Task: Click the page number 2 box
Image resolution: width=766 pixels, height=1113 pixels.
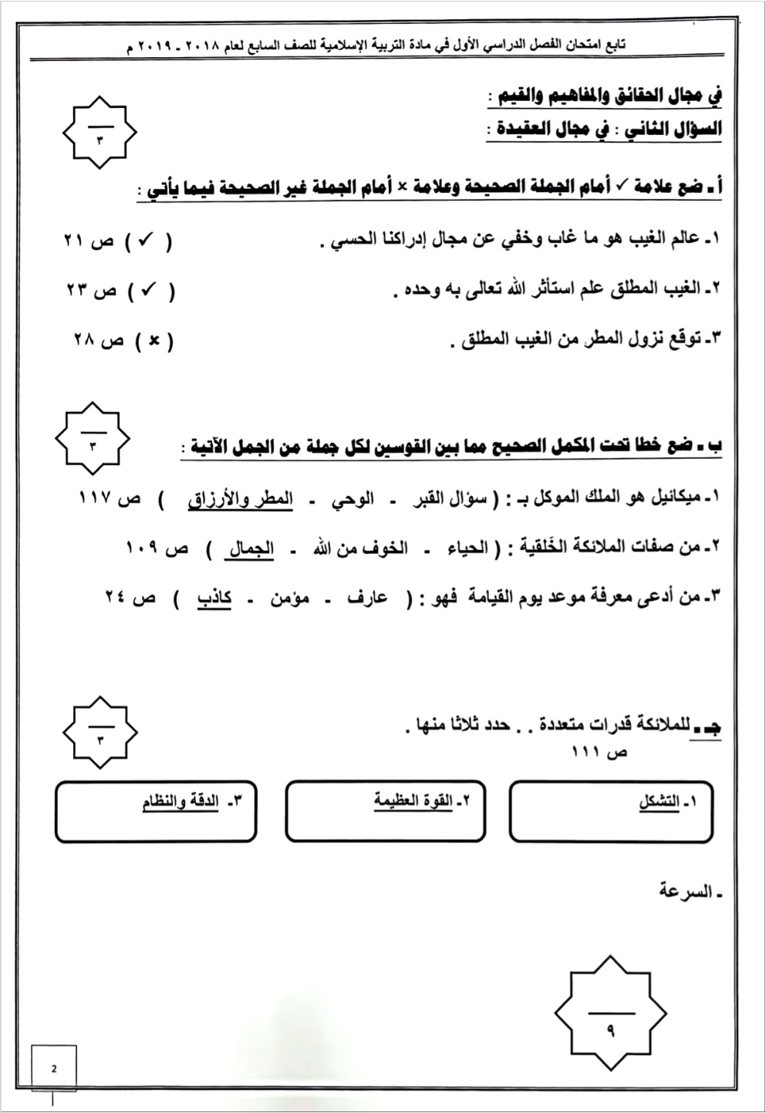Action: (53, 1068)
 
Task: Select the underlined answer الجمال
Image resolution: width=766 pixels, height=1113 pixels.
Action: (250, 548)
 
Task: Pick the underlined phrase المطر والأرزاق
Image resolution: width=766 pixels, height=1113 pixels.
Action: (241, 499)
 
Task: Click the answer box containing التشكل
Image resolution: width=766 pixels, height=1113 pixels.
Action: (611, 811)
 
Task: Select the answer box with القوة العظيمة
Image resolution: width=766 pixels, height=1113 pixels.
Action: (385, 811)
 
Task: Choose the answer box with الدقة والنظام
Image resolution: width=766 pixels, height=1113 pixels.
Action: (156, 811)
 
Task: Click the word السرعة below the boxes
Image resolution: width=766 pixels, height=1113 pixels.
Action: (685, 892)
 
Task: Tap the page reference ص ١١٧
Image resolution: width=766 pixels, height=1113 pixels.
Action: (110, 499)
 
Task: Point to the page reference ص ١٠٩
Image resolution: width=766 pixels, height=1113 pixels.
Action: (156, 548)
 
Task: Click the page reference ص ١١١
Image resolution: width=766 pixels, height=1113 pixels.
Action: (599, 751)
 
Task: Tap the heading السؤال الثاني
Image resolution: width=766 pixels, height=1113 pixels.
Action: (670, 130)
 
